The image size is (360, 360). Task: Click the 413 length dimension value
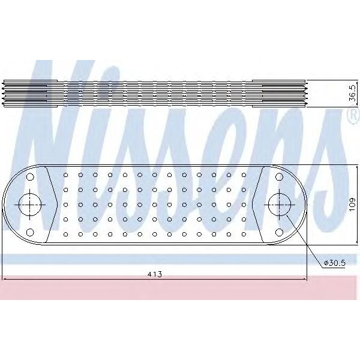tap(155, 274)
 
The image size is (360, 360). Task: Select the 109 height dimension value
tap(352, 204)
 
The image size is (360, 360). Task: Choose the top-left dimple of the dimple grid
tap(65, 175)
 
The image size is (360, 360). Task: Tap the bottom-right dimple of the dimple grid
tap(244, 233)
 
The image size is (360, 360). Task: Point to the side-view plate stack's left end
tap(5, 93)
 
